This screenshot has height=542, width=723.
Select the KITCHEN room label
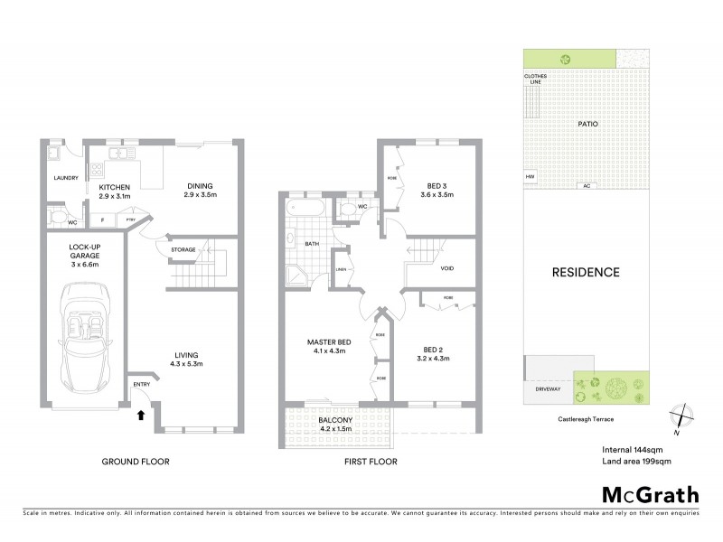tap(114, 186)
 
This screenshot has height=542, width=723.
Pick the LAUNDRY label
tap(65, 178)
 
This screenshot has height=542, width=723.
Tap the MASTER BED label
tap(327, 341)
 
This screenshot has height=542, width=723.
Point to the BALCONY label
tap(333, 420)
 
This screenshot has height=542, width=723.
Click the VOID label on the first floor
tap(446, 268)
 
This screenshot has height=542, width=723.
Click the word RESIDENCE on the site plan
tap(587, 272)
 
